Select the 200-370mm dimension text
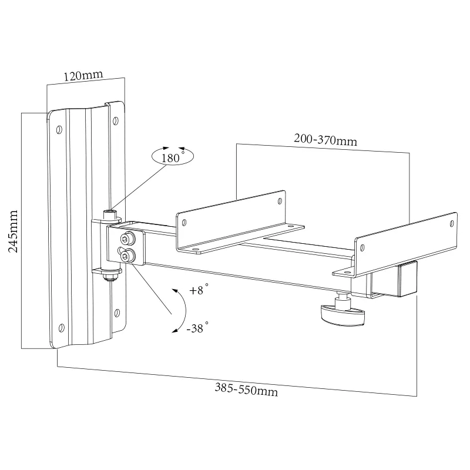[325, 140]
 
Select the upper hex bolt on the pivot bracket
[126, 239]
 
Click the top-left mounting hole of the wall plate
[60, 129]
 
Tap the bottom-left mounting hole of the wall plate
[59, 327]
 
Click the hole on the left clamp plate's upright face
[185, 223]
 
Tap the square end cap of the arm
[407, 280]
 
